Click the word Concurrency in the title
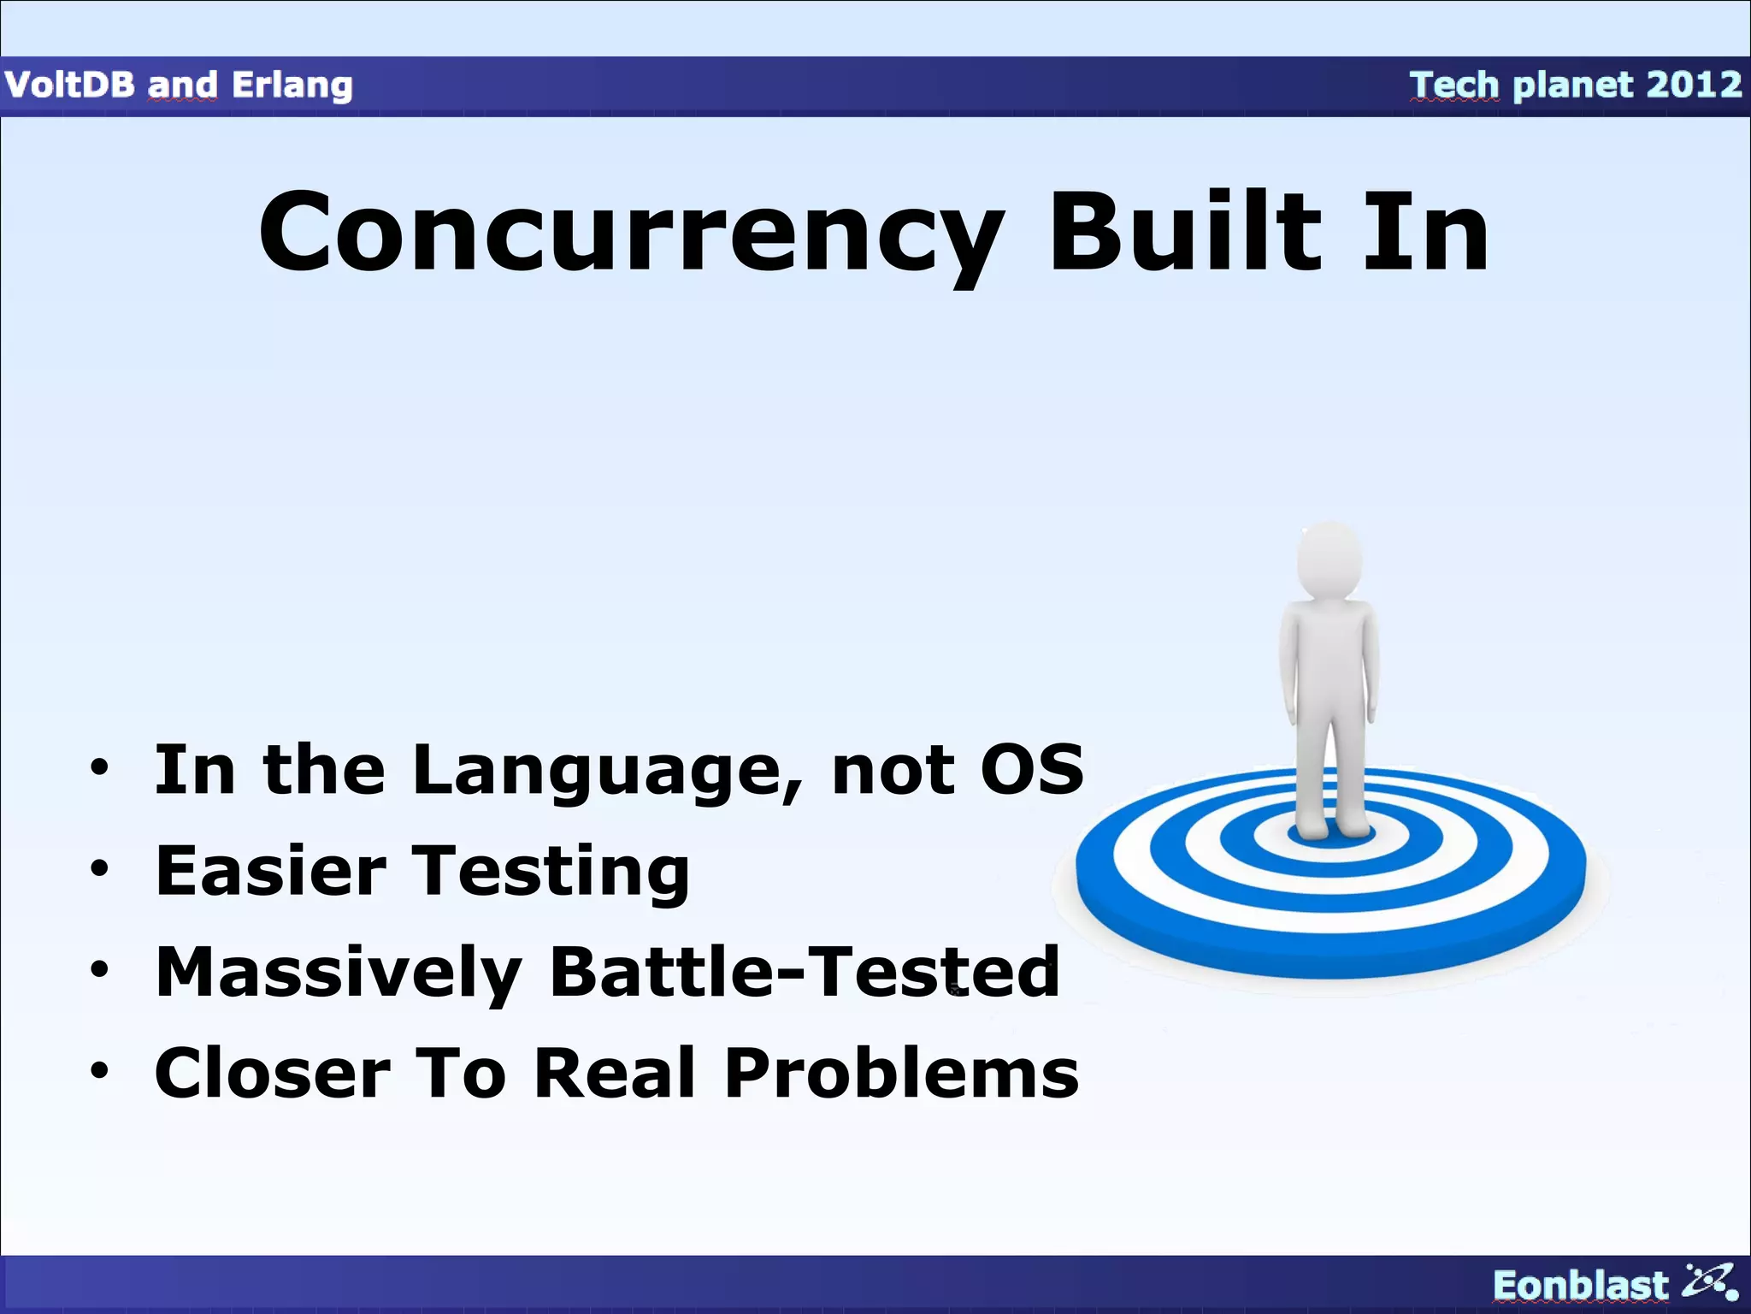coord(631,233)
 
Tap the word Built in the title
coord(1185,233)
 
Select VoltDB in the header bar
coord(68,85)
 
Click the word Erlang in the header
coord(292,86)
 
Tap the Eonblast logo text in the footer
coord(1580,1285)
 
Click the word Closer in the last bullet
coord(272,1073)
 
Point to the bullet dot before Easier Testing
coord(100,869)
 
